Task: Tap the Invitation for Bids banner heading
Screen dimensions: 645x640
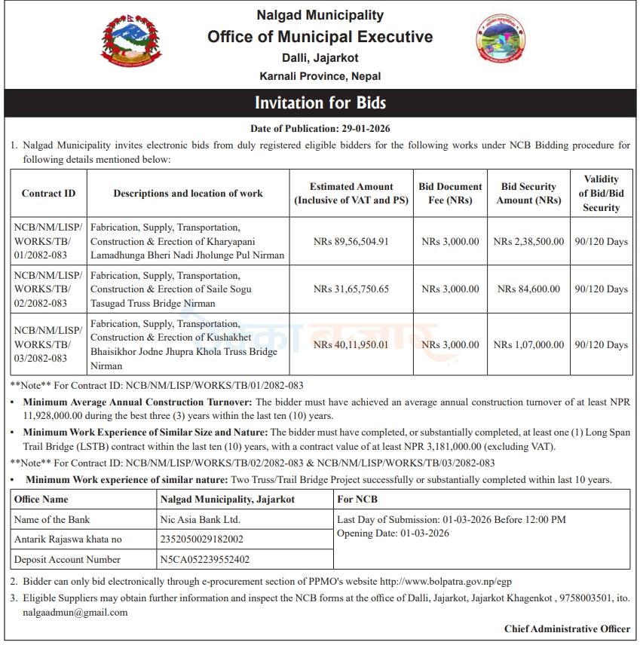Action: (320, 102)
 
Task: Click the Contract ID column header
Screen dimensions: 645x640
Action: (48, 194)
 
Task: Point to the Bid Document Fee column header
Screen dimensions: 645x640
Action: (450, 194)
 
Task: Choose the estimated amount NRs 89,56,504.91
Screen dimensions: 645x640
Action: (351, 242)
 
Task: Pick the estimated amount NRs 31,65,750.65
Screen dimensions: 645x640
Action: (351, 289)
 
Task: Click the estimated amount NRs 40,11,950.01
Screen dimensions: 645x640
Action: (351, 345)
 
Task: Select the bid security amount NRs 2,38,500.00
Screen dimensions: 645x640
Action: (528, 242)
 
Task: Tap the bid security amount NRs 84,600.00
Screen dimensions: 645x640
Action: (528, 289)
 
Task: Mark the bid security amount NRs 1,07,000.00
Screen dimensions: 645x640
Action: (528, 345)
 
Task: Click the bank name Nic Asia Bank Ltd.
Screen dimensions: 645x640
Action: (200, 519)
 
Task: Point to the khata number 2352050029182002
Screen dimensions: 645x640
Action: (201, 540)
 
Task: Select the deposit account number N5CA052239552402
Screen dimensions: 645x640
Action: (205, 560)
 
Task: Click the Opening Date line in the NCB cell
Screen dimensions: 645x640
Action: (393, 533)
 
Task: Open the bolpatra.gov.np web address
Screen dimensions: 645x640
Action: (446, 582)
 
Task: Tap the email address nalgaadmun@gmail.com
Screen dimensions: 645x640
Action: (75, 613)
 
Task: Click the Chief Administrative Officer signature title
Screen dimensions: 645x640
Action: (567, 629)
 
